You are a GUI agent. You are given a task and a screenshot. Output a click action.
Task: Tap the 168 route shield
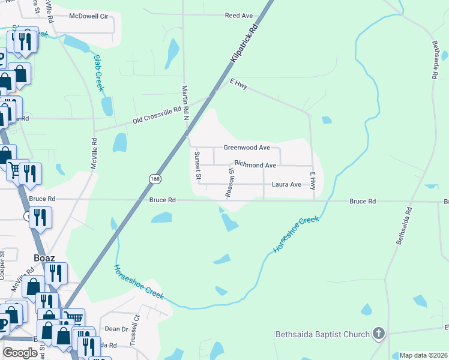(155, 179)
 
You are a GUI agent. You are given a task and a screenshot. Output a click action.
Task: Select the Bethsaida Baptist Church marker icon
(378, 333)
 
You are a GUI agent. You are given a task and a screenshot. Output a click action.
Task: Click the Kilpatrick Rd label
(245, 44)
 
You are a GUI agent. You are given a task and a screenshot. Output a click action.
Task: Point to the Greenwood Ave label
(247, 148)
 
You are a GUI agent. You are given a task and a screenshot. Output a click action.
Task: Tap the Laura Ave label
(286, 185)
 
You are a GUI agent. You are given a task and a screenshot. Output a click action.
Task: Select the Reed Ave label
(239, 16)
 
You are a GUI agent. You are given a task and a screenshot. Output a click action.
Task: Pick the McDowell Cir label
(91, 16)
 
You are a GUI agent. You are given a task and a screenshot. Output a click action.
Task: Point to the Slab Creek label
(99, 73)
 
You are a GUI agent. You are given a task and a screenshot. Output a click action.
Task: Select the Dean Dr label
(116, 329)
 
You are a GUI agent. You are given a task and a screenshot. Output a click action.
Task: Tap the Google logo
(20, 353)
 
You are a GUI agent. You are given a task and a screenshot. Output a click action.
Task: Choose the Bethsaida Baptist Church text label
(322, 334)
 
